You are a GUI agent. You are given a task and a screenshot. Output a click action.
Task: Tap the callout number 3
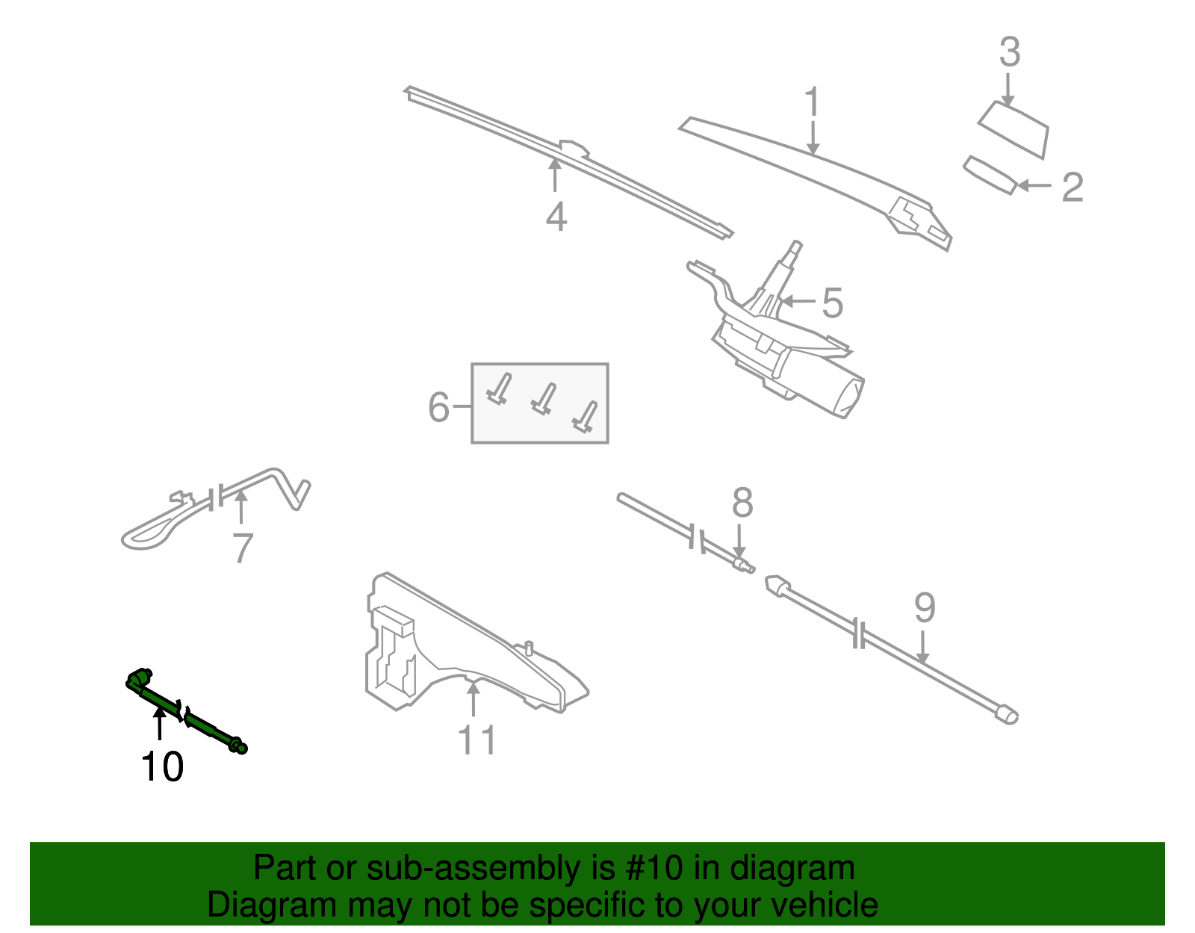coord(1010,52)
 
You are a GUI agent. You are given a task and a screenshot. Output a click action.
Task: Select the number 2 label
coord(1073,187)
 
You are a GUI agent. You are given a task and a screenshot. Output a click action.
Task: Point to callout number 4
coord(556,217)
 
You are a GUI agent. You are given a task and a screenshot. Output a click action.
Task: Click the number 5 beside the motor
coord(832,303)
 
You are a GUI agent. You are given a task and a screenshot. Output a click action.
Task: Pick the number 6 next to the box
coord(439,407)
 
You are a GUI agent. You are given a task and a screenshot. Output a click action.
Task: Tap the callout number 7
coord(243,548)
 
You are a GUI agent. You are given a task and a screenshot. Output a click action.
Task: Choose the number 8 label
coord(742,503)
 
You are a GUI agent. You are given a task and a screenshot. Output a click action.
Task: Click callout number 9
coord(925,608)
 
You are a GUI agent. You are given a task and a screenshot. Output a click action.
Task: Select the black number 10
coord(162,767)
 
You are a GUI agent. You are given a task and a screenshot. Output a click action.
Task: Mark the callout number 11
coord(477,741)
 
